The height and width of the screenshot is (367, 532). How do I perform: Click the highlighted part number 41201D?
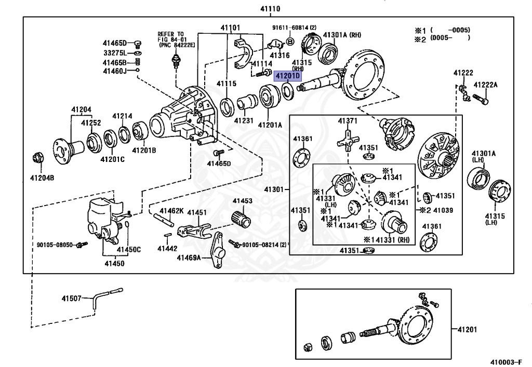pos(287,76)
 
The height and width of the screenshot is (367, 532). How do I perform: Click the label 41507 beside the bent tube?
pos(72,298)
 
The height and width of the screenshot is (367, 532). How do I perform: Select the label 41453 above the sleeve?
pos(242,201)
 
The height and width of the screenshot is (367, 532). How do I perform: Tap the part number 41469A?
pos(189,257)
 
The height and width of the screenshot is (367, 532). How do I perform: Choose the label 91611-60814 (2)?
pos(294,28)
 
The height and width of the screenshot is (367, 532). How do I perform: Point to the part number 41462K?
pos(171,211)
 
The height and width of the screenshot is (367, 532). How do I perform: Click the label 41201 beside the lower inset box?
pos(468,329)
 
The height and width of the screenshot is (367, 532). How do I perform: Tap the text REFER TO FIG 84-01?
pos(171,37)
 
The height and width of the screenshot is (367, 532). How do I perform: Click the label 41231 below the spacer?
pos(244,121)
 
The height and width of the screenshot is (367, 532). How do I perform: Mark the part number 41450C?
pos(128,250)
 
